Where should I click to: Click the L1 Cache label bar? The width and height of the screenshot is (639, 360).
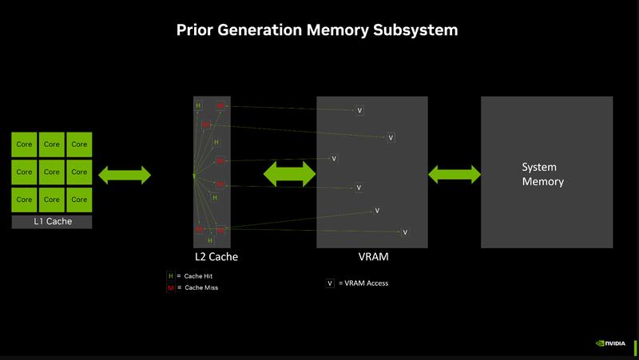(x=52, y=221)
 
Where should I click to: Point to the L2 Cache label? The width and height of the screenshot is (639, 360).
(x=216, y=257)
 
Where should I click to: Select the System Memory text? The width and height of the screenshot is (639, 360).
(x=542, y=175)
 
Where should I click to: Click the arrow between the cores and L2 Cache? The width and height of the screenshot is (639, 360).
(x=125, y=174)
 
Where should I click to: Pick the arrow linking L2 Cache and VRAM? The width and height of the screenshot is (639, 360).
(x=290, y=173)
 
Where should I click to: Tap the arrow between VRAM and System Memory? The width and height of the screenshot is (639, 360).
(x=454, y=173)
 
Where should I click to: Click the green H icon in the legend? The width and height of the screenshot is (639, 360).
(x=169, y=275)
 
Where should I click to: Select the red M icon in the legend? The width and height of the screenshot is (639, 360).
(x=169, y=287)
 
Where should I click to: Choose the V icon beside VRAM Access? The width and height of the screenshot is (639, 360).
(x=330, y=283)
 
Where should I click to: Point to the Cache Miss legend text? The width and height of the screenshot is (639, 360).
(x=200, y=287)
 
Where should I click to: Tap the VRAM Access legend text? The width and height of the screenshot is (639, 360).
(x=363, y=283)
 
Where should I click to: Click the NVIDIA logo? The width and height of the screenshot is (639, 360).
(x=611, y=344)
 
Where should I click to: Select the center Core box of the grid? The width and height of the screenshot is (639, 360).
(x=52, y=172)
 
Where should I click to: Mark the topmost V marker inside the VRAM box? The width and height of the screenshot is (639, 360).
(x=359, y=110)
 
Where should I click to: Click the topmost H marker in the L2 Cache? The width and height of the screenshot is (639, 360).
(x=199, y=105)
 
